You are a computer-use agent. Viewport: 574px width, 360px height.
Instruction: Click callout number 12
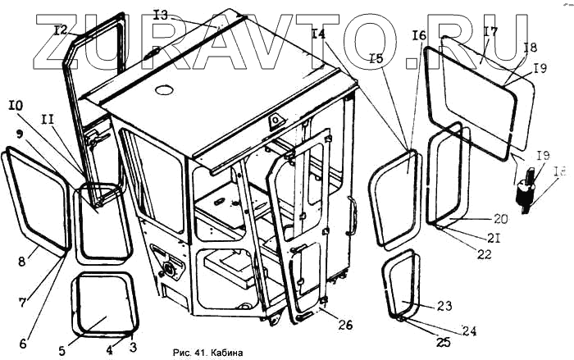point(60,30)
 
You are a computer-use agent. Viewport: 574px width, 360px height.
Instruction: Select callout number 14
point(319,34)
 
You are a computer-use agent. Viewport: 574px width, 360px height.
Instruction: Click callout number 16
point(419,36)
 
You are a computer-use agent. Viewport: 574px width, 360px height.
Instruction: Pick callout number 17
point(490,33)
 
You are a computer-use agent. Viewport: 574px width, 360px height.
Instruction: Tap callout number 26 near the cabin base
point(346,326)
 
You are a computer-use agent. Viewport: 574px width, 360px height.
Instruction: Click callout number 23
point(444,305)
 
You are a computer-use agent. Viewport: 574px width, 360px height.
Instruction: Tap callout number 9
point(20,133)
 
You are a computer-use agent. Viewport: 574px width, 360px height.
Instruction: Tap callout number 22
point(484,254)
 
